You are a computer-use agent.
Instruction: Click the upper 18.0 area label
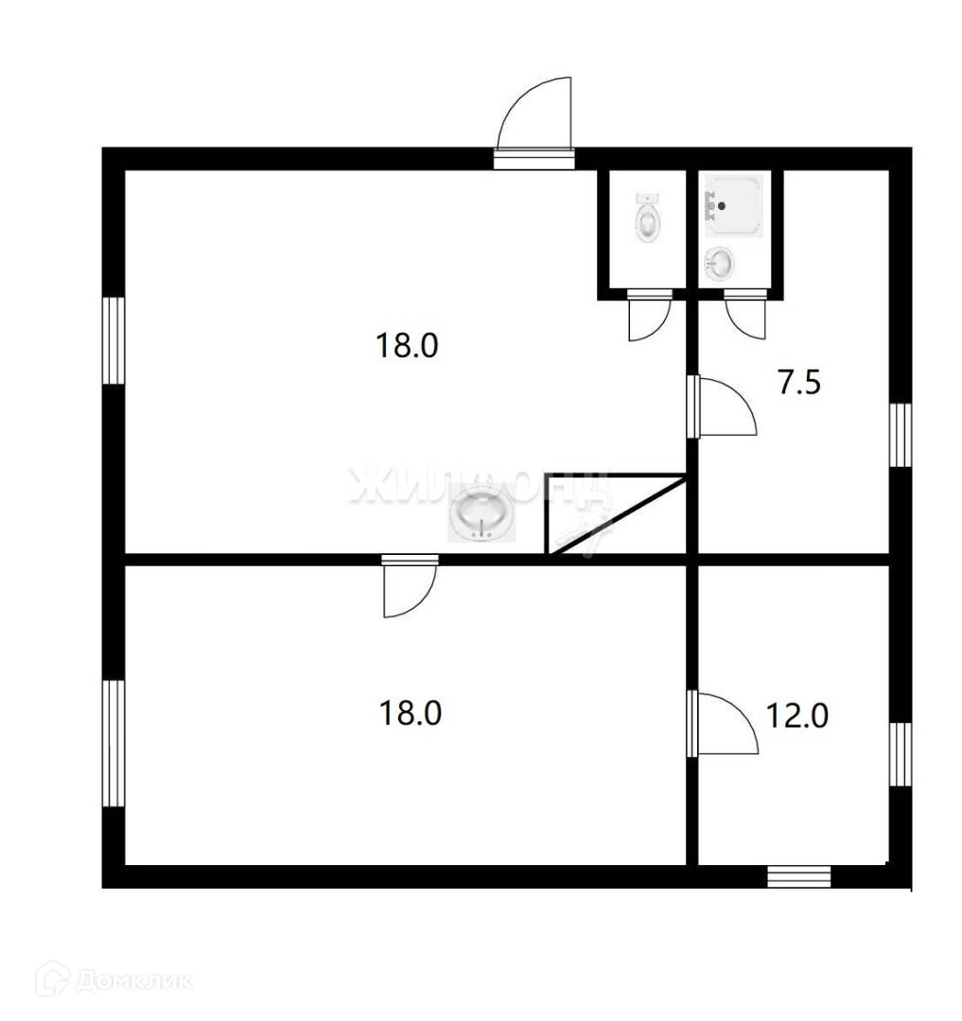408,345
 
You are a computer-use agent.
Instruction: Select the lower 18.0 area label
410,712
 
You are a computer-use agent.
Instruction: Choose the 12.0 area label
796,716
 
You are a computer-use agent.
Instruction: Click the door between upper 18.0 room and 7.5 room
723,407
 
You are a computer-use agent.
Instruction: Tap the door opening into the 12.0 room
724,724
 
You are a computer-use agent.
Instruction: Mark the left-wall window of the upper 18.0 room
114,340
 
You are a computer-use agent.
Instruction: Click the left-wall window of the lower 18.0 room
114,743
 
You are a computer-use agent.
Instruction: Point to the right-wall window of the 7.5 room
901,435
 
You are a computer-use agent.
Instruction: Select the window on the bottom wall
798,876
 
